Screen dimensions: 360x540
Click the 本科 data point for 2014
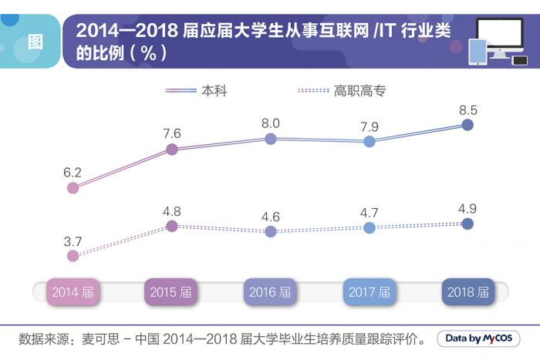(x=73, y=187)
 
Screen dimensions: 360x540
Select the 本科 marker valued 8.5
(x=467, y=125)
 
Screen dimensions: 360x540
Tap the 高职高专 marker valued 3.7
(x=73, y=256)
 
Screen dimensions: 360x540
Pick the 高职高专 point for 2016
(x=271, y=230)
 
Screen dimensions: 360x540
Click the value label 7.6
(x=172, y=133)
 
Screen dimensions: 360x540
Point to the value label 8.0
(x=271, y=123)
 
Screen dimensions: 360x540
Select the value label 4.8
(x=172, y=210)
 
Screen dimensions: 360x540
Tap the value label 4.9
(x=467, y=208)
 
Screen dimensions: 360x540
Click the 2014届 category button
(x=73, y=292)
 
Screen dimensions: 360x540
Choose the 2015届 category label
(x=171, y=292)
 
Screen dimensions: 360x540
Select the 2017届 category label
(x=370, y=292)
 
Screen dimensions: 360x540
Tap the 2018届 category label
(x=467, y=292)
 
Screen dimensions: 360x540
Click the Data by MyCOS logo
(x=478, y=338)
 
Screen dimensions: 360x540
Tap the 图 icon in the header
(x=35, y=42)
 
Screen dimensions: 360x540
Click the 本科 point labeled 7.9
(x=370, y=141)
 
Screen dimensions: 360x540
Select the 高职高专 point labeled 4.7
(x=370, y=227)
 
